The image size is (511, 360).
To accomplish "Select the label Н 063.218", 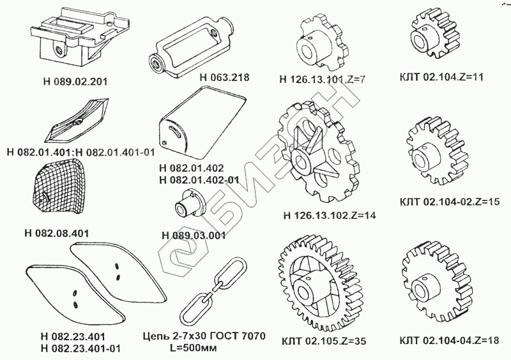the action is pos(224,77).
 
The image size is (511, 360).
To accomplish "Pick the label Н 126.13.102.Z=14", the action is pos(329,214).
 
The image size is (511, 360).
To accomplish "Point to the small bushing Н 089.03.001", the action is pos(187,205).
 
